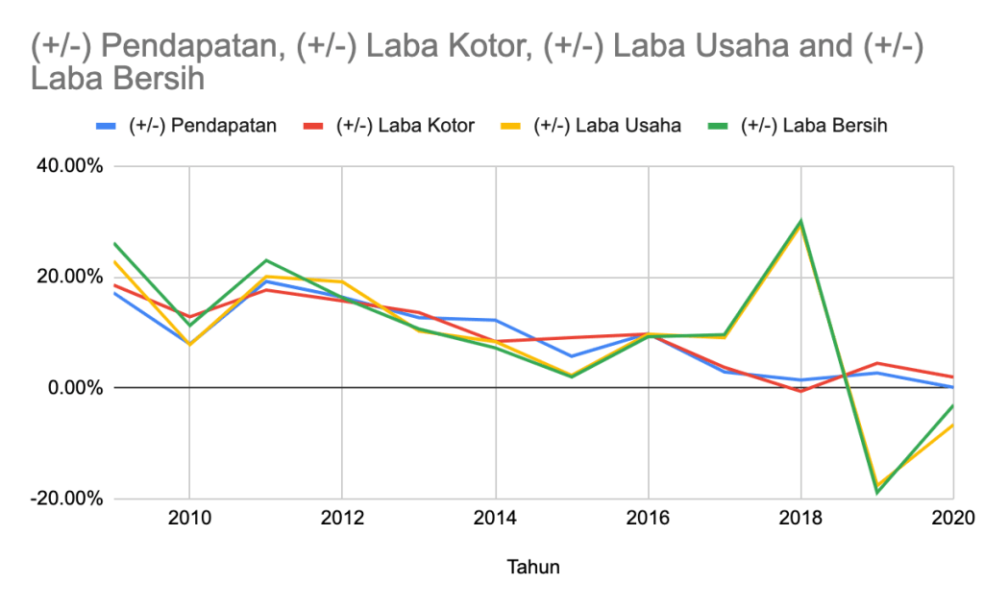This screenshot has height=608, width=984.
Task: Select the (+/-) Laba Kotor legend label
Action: point(405,126)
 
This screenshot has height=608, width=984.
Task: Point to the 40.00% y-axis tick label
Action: point(69,166)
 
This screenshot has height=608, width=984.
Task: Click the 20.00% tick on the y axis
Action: point(69,277)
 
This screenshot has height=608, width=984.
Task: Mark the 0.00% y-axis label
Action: point(75,388)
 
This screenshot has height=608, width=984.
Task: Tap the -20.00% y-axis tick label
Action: point(66,499)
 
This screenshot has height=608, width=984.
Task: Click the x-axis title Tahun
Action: point(532,567)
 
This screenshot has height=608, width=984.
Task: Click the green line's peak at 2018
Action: point(801,221)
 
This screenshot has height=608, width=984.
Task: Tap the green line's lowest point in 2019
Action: point(877,493)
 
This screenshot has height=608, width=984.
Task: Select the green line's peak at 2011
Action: point(266,260)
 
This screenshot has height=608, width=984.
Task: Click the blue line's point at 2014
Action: point(496,320)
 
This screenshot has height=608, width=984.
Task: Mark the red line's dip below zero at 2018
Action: point(801,392)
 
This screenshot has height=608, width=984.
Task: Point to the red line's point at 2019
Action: point(877,363)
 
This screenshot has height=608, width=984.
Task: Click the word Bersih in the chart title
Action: point(156,79)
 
